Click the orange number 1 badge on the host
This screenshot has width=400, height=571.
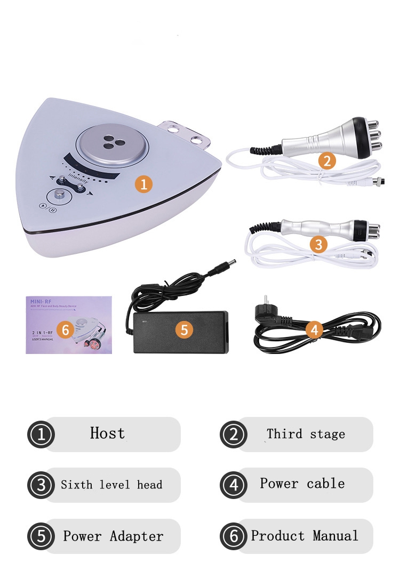(143, 184)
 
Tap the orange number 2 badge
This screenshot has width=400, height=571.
(327, 160)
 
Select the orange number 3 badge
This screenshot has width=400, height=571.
(319, 244)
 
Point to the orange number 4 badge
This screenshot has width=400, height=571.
(314, 330)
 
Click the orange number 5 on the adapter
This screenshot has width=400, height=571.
(184, 329)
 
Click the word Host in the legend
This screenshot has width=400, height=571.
(108, 433)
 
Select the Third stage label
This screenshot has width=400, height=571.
(306, 434)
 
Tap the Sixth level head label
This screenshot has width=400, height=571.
(111, 485)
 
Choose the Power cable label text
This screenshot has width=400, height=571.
(302, 484)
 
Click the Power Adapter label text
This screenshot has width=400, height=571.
(113, 536)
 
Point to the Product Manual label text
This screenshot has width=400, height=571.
(305, 535)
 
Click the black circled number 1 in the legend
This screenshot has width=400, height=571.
(41, 435)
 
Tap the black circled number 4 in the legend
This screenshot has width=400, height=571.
(233, 485)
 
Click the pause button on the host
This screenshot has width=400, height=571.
(52, 210)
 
